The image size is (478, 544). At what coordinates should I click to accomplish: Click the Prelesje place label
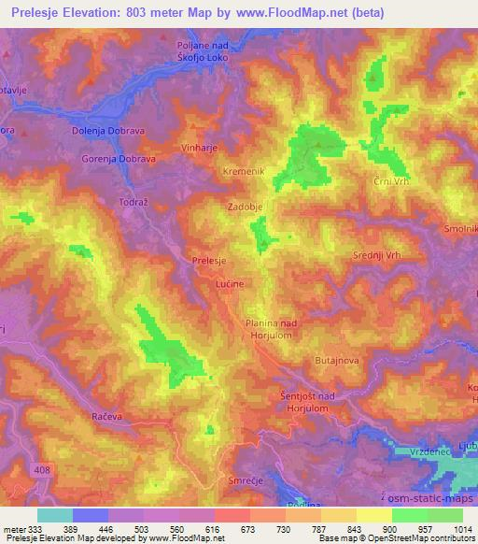tap(208, 262)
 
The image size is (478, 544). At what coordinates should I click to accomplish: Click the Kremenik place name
tap(244, 171)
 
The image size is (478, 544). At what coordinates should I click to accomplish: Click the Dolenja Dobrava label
tap(106, 132)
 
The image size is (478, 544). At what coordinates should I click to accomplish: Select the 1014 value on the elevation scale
tap(461, 528)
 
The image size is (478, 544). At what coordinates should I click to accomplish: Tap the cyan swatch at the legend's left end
tap(56, 515)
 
